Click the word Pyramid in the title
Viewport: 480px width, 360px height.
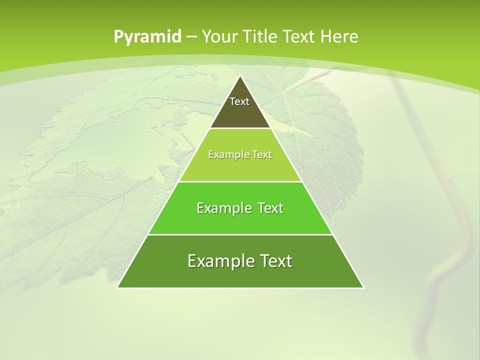pos(147,37)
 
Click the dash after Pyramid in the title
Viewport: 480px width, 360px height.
pos(191,37)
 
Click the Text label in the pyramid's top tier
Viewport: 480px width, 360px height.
pos(239,101)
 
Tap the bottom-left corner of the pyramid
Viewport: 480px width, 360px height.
pos(117,287)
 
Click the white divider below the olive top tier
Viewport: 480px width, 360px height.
pos(240,128)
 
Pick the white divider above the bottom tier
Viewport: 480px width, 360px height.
pos(240,234)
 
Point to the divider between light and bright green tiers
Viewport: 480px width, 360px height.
pos(240,181)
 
